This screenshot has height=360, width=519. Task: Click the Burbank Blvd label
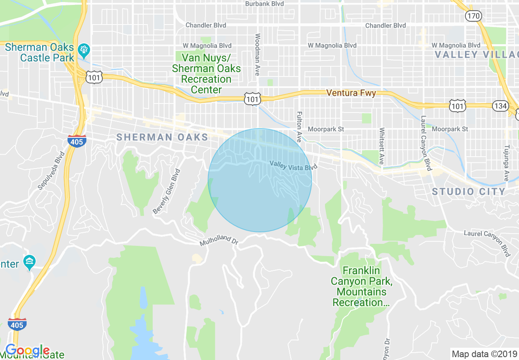(264, 4)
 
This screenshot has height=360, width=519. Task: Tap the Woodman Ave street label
(257, 54)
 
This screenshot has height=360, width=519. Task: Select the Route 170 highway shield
(473, 16)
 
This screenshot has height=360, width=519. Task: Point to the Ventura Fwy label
(351, 93)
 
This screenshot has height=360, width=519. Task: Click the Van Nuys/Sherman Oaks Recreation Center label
(206, 74)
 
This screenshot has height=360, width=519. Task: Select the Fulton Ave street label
(299, 126)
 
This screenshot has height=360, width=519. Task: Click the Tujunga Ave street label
(507, 162)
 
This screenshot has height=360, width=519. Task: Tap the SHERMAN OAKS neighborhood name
(162, 137)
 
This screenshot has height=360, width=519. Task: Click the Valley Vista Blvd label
(293, 166)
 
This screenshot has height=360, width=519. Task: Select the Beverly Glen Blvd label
(166, 191)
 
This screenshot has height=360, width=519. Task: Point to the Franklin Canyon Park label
(359, 286)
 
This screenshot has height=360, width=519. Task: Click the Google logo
(27, 351)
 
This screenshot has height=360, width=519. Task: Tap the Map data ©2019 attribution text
(484, 354)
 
